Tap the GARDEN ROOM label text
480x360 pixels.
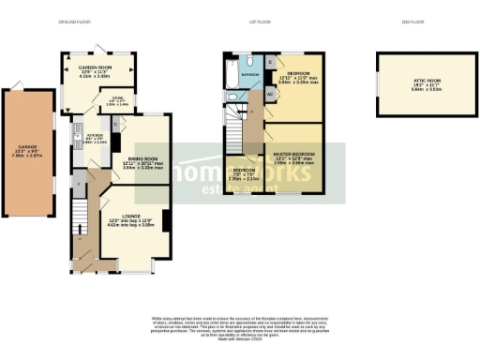[x=96, y=67]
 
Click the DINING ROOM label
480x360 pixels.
[x=142, y=159]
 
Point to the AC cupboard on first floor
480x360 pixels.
[x=269, y=96]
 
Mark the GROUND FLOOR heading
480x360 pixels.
[x=74, y=21]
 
